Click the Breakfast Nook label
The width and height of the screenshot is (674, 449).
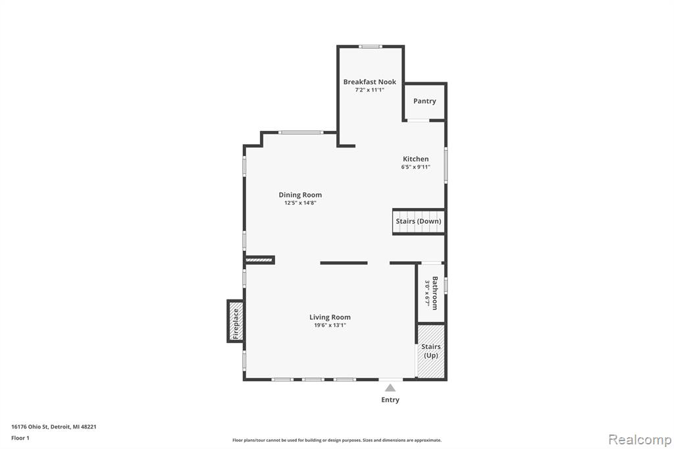(370, 82)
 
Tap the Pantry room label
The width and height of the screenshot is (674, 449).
(425, 101)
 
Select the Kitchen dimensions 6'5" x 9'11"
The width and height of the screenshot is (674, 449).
(416, 167)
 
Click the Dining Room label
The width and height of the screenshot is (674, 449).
(300, 195)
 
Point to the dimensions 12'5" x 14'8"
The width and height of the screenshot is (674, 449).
(300, 203)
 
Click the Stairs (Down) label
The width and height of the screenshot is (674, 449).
(418, 221)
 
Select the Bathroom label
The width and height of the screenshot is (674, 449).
(435, 293)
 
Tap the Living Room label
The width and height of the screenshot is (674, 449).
(330, 317)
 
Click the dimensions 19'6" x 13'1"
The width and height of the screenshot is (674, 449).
(330, 325)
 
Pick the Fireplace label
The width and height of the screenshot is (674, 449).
(236, 324)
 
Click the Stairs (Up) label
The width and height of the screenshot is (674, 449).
(430, 350)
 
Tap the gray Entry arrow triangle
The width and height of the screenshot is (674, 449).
(390, 388)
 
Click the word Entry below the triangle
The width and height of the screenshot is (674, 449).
(390, 400)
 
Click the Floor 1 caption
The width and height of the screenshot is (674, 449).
(20, 438)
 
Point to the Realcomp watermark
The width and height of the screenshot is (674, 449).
(640, 439)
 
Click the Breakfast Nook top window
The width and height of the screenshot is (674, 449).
(371, 47)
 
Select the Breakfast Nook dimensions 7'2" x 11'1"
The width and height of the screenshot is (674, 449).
(370, 90)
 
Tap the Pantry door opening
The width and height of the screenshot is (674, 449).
(418, 120)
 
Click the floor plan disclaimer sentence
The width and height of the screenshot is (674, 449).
(337, 440)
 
